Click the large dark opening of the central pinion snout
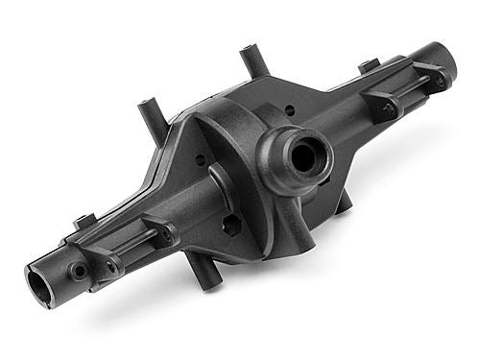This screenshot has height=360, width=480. pyautogui.click(x=303, y=157)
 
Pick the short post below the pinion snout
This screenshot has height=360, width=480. pyautogui.click(x=341, y=202)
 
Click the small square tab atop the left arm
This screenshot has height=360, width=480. pyautogui.click(x=84, y=222)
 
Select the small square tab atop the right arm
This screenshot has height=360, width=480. pyautogui.click(x=369, y=66)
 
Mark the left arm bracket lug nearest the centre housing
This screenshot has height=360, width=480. pyautogui.click(x=160, y=233)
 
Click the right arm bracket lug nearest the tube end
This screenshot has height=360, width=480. pyautogui.click(x=431, y=76)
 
